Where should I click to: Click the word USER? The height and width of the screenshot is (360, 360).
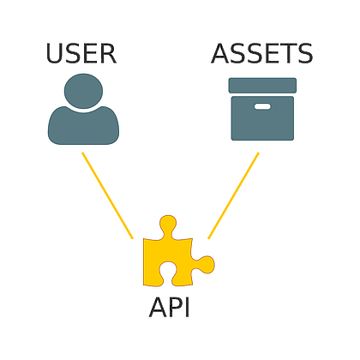81,54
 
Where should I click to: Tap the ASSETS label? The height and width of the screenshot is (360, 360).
262,54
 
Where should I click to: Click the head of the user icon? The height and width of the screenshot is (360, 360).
83,90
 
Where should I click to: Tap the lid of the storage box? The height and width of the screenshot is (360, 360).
262,85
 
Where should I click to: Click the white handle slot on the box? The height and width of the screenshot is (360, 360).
262,106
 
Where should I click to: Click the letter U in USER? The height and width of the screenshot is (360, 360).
55,54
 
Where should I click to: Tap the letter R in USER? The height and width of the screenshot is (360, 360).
106,54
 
